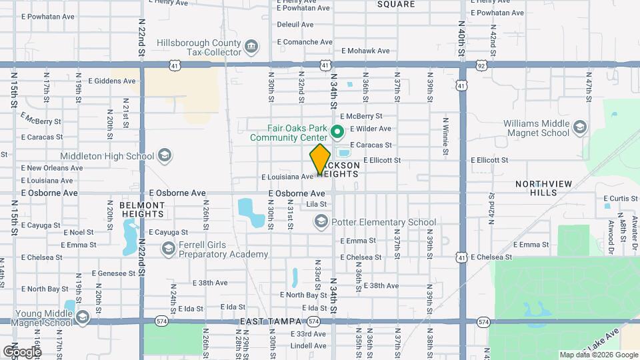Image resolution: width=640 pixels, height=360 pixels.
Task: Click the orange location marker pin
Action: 321,159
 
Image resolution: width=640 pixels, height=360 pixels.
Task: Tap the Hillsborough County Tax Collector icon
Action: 251,47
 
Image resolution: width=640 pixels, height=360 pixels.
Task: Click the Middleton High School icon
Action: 165,156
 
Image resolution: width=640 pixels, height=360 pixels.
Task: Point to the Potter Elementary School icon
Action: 321,222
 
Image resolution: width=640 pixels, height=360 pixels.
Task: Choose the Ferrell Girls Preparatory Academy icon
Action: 168,249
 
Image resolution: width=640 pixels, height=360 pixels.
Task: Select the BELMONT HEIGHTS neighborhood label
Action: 142,209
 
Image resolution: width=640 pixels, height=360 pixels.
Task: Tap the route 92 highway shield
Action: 481,65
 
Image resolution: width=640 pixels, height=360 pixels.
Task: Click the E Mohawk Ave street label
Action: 365,51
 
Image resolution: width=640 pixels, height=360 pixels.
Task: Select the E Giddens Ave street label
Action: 111,81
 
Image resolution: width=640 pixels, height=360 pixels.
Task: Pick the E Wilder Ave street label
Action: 370,129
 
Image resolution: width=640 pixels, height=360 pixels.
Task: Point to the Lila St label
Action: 316,205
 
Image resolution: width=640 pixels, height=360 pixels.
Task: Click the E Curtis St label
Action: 621,199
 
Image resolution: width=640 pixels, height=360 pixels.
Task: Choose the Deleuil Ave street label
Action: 295,25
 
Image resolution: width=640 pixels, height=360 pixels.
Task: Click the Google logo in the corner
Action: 22,351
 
